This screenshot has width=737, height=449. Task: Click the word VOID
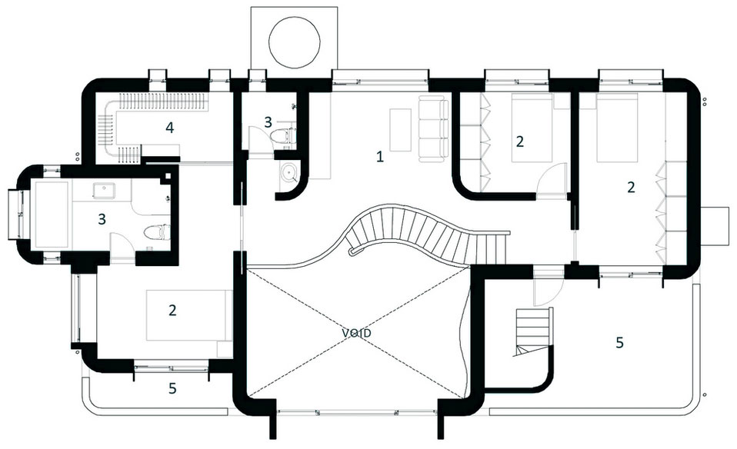(356, 334)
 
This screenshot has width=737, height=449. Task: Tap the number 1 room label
(380, 157)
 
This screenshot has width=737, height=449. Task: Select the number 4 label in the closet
(170, 128)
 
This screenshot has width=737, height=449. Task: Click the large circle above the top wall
(294, 38)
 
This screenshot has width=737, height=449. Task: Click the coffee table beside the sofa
(401, 130)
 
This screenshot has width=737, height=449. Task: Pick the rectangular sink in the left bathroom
(102, 191)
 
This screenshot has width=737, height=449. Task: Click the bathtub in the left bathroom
(52, 215)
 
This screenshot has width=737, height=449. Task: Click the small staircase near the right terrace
(533, 331)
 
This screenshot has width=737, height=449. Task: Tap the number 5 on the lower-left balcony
(172, 388)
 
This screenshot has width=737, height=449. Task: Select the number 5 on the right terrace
(619, 343)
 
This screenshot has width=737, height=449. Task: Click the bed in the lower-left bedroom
(189, 315)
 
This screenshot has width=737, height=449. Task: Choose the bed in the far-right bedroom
(617, 128)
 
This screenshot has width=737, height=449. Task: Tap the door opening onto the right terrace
(547, 291)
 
